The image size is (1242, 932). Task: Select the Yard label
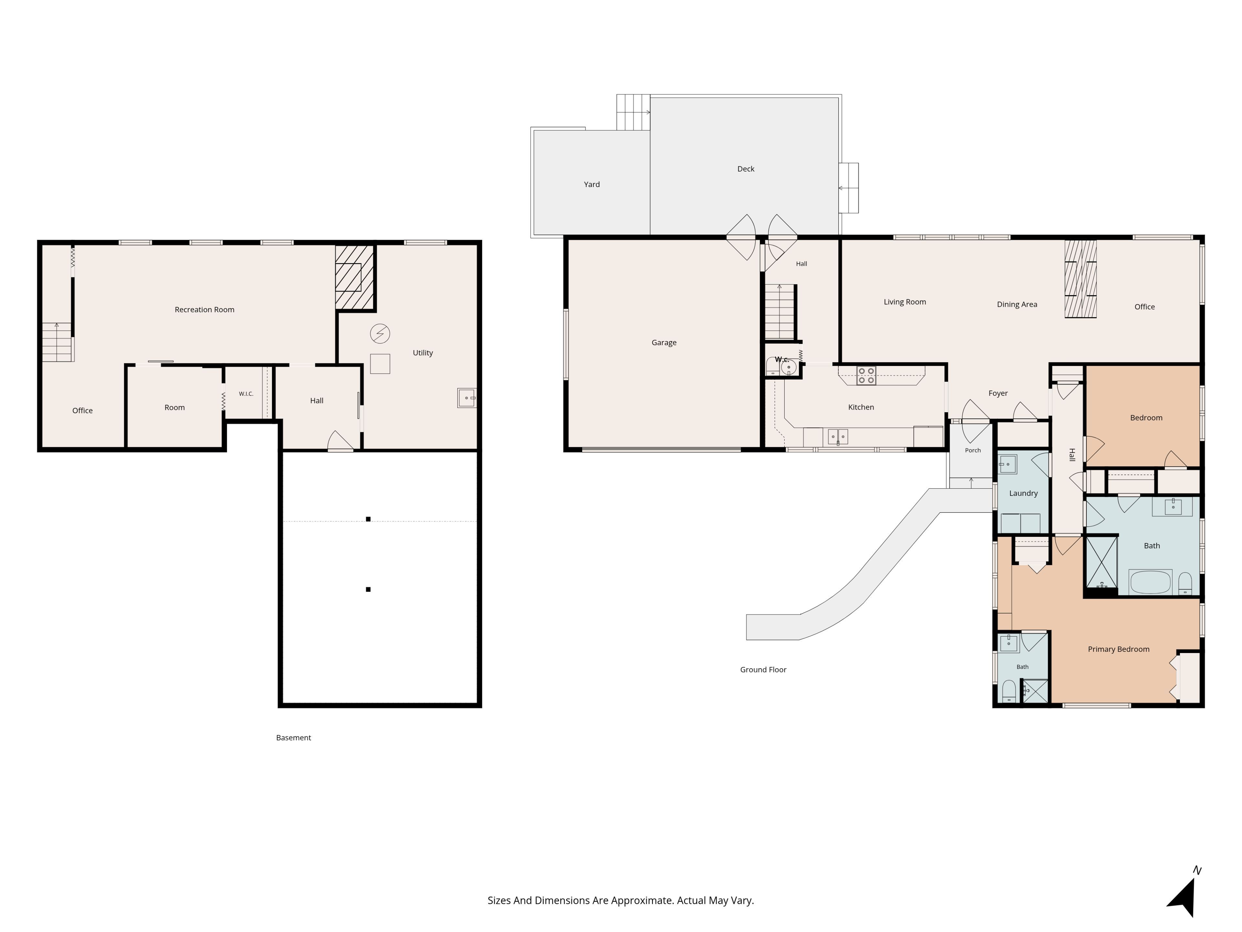click(592, 184)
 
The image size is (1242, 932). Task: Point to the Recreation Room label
click(204, 310)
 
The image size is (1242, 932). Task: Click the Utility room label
click(423, 353)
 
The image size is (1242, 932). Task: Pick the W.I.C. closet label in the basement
click(246, 394)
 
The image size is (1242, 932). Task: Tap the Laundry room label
click(1023, 493)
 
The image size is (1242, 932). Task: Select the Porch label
click(973, 450)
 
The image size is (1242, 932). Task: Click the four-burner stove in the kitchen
click(866, 376)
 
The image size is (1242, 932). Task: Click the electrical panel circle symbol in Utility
click(380, 334)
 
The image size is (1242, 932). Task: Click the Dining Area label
click(1017, 305)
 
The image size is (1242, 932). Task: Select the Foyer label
click(998, 393)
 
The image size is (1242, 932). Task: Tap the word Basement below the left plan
click(293, 738)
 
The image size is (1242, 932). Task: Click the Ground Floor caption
click(763, 670)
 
